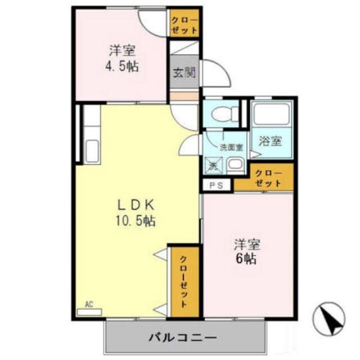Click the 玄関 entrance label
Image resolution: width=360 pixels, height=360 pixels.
click(x=183, y=72)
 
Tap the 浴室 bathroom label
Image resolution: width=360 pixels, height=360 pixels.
click(x=270, y=141)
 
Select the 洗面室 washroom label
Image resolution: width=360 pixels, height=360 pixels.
click(x=231, y=147)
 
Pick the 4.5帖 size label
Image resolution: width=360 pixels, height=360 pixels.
click(x=122, y=65)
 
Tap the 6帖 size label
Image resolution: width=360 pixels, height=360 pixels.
click(x=247, y=260)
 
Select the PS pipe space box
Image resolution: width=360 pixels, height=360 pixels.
click(x=217, y=185)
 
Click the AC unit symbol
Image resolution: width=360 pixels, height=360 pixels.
click(x=89, y=311)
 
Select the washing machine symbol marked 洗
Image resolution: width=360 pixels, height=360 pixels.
click(x=213, y=165)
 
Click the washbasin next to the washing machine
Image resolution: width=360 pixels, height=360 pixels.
click(x=235, y=165)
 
